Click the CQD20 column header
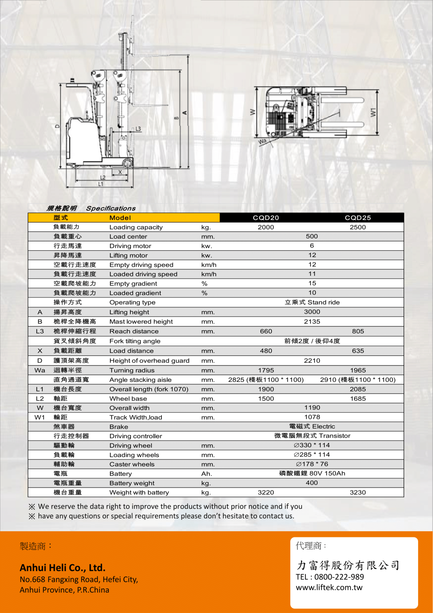point(266,218)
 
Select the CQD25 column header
point(358,218)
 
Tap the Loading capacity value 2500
point(358,227)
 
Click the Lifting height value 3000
point(312,312)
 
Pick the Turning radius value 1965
point(358,370)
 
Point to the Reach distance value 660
point(266,331)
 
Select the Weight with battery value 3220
point(266,492)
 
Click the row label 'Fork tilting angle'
point(135,341)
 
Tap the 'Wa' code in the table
point(40,370)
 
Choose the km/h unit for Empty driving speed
point(209,265)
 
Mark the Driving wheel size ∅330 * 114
point(312,445)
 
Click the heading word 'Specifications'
point(111,208)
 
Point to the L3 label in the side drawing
point(138,129)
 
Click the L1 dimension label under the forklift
point(100,184)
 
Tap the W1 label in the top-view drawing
point(373,112)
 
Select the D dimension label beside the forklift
point(57,126)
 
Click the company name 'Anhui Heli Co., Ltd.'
point(63,568)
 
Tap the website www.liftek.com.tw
point(329,588)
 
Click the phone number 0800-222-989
point(339,577)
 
